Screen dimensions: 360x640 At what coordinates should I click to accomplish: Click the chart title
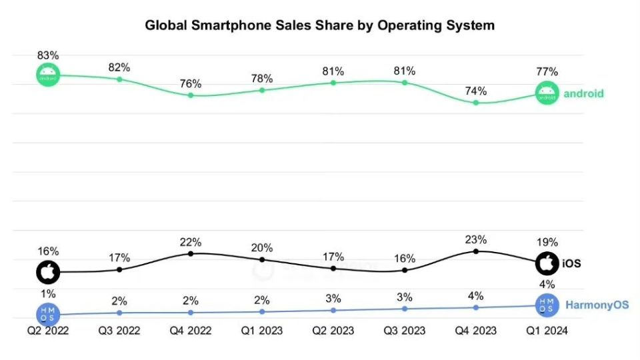320,26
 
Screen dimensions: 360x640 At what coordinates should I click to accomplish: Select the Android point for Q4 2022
191,95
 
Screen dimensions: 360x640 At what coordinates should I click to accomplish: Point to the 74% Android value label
476,91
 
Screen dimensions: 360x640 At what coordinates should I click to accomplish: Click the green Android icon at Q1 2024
547,94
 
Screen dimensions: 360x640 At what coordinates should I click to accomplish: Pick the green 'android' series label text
583,94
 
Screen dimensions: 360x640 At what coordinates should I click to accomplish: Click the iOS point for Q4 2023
476,251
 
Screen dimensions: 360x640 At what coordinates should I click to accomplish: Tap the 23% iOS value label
476,239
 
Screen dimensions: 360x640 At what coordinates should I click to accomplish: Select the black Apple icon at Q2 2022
48,272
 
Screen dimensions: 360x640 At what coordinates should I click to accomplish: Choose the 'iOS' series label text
571,264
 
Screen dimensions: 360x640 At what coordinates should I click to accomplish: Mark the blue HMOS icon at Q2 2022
48,313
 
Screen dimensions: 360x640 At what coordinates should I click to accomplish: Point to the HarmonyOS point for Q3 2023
405,309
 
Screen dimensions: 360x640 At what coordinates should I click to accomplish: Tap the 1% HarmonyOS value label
48,293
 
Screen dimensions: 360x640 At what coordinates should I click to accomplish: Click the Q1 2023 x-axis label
262,330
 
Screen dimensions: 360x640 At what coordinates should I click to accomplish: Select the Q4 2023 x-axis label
476,330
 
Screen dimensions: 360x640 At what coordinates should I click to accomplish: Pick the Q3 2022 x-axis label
119,330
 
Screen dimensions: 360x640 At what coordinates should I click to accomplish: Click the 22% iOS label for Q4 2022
191,241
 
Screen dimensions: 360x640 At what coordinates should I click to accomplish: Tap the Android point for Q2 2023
333,83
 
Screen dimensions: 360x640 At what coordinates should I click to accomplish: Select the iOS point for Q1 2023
262,259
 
